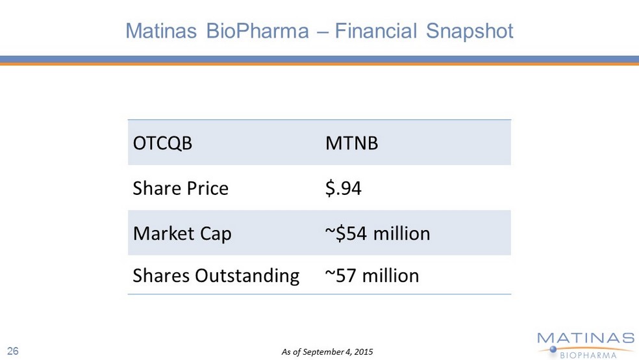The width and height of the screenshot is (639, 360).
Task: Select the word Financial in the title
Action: [377, 31]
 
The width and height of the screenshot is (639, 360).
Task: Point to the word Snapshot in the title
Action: [470, 31]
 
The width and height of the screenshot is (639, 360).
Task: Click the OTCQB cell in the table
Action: [162, 143]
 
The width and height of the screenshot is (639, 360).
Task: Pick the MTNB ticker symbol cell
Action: [351, 143]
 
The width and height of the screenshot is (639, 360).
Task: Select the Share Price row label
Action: [181, 188]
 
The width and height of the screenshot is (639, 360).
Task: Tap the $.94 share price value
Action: [343, 188]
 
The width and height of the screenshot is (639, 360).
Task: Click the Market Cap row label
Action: [182, 233]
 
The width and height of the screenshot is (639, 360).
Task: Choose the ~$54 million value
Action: [377, 233]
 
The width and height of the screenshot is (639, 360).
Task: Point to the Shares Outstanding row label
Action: [216, 276]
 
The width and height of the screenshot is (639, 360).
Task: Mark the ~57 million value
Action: [371, 276]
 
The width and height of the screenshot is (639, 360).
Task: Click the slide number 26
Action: [13, 352]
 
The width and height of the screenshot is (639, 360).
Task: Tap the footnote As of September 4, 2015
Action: [327, 352]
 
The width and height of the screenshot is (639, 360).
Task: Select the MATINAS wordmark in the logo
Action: [585, 338]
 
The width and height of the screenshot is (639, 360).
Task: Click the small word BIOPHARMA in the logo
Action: [595, 353]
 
